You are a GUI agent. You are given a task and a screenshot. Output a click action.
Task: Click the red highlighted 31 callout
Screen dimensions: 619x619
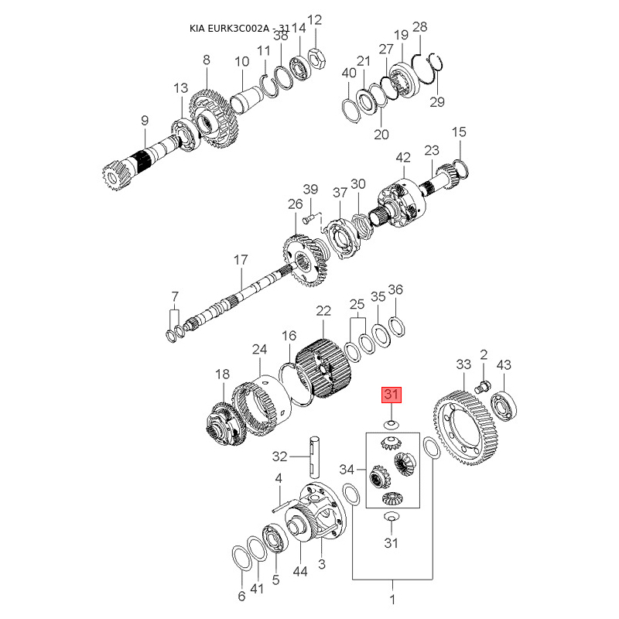click(391, 395)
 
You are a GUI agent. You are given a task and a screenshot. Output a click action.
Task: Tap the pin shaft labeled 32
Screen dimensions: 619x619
click(317, 457)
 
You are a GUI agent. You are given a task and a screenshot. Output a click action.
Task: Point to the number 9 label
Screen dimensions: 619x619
click(144, 120)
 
